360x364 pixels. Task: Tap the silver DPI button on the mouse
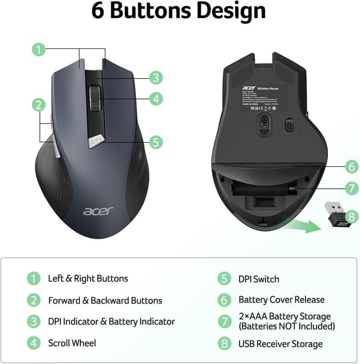click(96, 140)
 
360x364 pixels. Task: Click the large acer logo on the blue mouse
click(98, 211)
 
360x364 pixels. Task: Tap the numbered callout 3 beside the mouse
click(156, 78)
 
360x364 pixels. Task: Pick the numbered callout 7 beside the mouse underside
click(351, 189)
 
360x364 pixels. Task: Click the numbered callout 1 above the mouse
click(38, 49)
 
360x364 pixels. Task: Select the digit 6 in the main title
click(98, 11)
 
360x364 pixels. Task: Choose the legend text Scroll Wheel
click(72, 343)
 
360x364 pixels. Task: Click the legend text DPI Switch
click(259, 279)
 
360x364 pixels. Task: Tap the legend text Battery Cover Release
click(281, 300)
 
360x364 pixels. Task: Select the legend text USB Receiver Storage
click(281, 344)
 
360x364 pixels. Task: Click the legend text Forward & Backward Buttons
click(105, 301)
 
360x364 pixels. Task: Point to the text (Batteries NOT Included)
click(286, 326)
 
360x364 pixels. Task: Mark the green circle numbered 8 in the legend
click(224, 343)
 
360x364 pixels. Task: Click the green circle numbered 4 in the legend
click(34, 343)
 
